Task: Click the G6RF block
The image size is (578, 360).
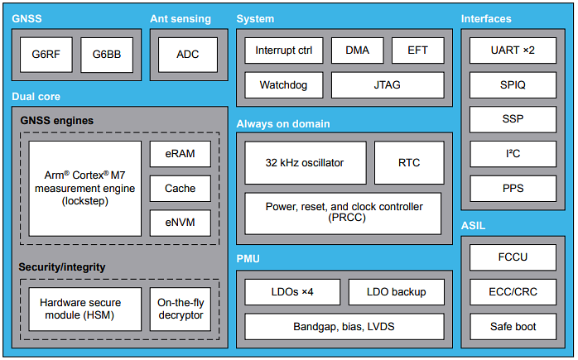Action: (46, 54)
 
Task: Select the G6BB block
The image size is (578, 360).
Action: (105, 54)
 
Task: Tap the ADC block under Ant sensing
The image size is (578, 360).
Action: (188, 54)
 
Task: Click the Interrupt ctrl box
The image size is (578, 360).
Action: (283, 50)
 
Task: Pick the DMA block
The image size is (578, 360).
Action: (357, 50)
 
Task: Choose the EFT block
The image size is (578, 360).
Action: (417, 50)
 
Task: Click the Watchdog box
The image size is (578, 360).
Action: (283, 84)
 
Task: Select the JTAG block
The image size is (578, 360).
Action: (387, 84)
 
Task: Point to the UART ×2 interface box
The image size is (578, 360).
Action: (513, 50)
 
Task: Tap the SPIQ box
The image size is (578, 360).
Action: (513, 84)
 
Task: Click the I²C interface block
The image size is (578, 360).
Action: (513, 154)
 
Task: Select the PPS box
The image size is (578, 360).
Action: (513, 189)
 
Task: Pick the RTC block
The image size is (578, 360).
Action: (408, 162)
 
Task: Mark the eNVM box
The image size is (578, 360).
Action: (180, 223)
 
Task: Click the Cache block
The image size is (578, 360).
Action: (180, 188)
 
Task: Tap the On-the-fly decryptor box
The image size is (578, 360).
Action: (180, 309)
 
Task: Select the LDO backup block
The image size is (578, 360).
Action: (395, 291)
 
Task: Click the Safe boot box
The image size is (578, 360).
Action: (513, 326)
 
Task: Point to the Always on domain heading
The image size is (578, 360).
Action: (283, 124)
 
